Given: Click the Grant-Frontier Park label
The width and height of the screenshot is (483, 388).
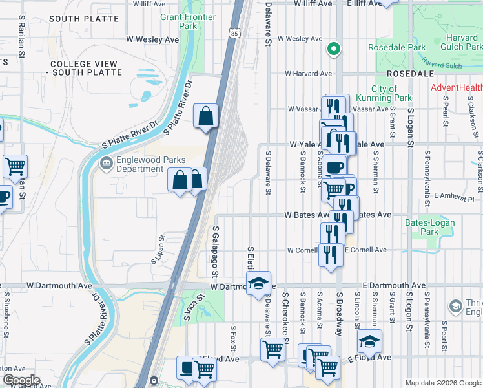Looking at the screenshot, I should (178, 21).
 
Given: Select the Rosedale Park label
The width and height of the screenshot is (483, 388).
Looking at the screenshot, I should (396, 47).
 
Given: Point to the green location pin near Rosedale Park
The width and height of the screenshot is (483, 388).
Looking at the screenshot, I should (333, 48).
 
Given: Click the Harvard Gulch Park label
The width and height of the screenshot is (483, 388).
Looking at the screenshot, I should (460, 42).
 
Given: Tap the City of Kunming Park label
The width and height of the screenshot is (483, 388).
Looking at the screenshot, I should (392, 93).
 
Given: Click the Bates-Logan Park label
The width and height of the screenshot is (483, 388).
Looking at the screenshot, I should (429, 227).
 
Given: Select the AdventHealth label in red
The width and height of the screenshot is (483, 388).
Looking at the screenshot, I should (457, 87).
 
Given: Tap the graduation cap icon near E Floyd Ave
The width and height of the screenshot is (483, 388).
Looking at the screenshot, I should (369, 341).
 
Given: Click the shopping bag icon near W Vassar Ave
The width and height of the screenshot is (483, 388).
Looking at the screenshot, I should (205, 116).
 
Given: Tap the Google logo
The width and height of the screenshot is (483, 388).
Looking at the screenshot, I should (21, 380).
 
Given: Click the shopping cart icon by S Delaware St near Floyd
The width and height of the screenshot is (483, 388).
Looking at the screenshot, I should (272, 349).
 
